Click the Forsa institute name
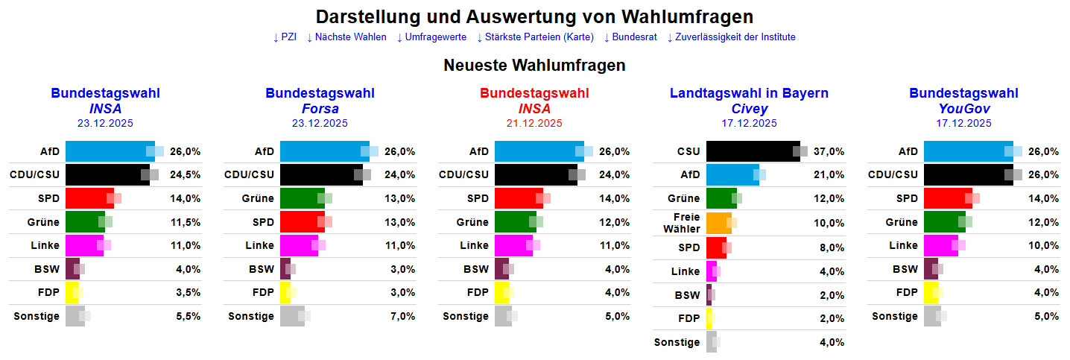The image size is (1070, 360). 320,109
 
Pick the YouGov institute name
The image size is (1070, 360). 963,109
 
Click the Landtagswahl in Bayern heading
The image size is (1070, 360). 749,94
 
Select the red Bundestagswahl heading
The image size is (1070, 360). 534,94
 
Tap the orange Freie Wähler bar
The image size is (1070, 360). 718,223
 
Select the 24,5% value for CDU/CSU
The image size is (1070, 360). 186,175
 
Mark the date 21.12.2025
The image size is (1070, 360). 534,123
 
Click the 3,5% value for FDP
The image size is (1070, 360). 187,293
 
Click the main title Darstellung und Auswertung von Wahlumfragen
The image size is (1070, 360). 534,16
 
